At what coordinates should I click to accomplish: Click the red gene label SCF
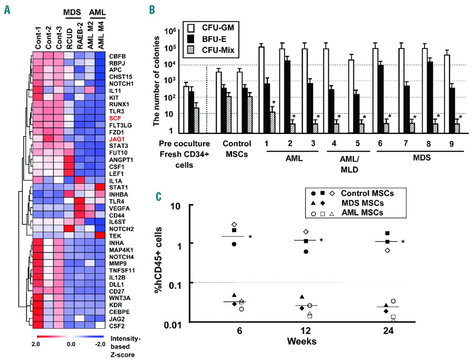(x=115, y=118)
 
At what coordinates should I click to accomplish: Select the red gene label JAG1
(x=116, y=139)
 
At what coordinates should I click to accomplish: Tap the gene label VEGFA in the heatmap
(x=119, y=208)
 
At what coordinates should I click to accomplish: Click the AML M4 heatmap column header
(x=101, y=35)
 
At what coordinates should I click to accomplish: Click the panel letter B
(x=152, y=10)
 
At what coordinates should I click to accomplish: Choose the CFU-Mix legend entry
(x=218, y=50)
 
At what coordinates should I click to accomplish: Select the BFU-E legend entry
(x=214, y=39)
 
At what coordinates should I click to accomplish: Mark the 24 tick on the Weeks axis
(x=388, y=330)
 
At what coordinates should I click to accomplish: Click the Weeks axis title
(x=302, y=341)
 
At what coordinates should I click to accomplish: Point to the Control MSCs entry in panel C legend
(x=367, y=193)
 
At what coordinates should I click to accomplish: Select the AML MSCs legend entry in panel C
(x=362, y=212)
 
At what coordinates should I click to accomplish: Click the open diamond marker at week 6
(x=234, y=224)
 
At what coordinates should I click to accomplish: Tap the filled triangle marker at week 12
(x=302, y=297)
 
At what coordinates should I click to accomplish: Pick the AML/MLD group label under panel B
(x=349, y=164)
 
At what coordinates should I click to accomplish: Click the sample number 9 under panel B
(x=451, y=144)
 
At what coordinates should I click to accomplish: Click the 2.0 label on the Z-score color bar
(x=35, y=344)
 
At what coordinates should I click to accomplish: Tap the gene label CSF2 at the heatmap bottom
(x=117, y=326)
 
